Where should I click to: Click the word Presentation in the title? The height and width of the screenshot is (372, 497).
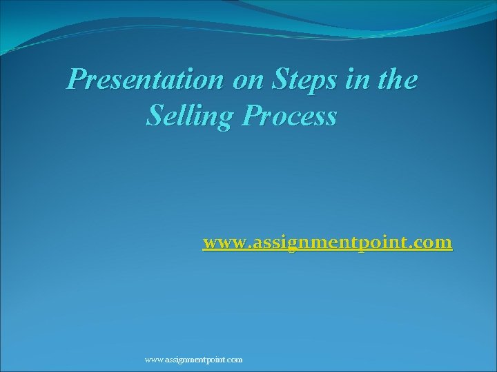(144, 81)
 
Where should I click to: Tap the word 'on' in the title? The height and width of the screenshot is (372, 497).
(246, 81)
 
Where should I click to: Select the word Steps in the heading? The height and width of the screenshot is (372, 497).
(302, 81)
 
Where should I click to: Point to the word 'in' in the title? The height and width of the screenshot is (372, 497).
(358, 81)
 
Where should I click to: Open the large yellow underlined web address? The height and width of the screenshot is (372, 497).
(327, 243)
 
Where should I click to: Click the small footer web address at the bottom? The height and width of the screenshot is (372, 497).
(193, 360)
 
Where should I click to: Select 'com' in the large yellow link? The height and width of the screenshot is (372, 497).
(434, 243)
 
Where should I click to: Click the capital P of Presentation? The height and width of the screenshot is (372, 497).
(76, 81)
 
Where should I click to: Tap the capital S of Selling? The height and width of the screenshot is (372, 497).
(155, 116)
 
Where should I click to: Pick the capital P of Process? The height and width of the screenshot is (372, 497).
(255, 116)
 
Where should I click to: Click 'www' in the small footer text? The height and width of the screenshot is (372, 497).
(154, 360)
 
